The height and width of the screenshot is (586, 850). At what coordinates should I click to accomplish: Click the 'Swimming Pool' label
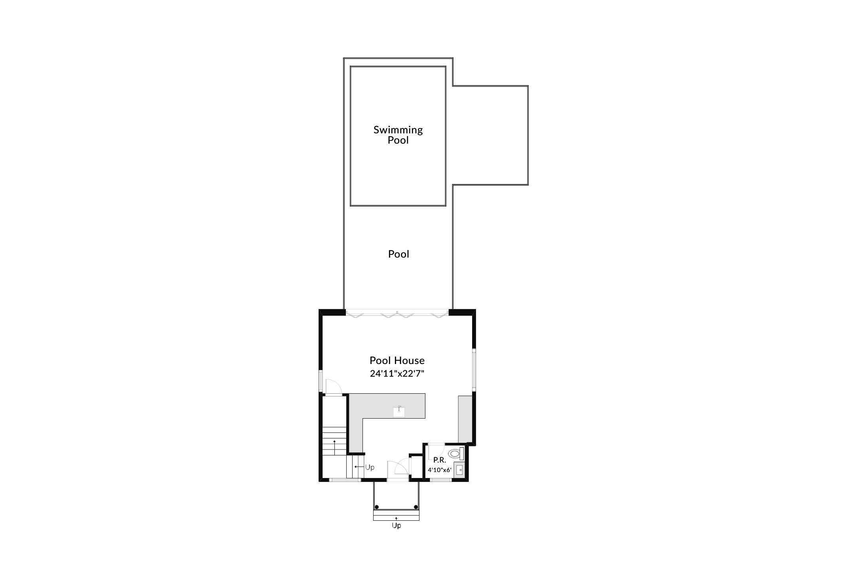coord(398,135)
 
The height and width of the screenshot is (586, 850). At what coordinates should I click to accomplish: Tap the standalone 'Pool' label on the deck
coord(398,254)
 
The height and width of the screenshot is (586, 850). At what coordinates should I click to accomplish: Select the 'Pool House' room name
coord(397,360)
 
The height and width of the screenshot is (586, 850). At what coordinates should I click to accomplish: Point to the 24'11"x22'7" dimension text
coord(397,374)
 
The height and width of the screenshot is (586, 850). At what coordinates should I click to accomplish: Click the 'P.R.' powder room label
coord(440,460)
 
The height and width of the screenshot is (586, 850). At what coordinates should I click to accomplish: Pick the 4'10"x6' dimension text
coord(440,470)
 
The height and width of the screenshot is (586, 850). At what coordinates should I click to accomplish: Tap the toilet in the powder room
coord(456,453)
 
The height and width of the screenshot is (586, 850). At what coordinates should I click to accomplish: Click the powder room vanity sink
coord(459,470)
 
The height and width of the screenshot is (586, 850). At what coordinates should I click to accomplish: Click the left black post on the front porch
coord(377,507)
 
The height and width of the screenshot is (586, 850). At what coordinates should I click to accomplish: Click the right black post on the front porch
coord(416,507)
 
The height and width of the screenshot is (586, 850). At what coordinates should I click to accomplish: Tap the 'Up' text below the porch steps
coord(396,526)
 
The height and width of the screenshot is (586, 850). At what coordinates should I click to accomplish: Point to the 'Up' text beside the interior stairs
coord(370,467)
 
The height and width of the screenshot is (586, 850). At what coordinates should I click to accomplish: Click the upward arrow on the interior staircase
coord(335,447)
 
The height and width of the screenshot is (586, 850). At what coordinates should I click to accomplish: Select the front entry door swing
coord(398,470)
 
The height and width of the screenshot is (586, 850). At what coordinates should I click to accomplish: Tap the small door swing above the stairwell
coord(332,387)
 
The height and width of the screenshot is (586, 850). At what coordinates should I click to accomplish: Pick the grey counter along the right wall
coord(465,418)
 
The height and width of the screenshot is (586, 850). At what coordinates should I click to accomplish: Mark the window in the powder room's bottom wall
coord(441,480)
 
